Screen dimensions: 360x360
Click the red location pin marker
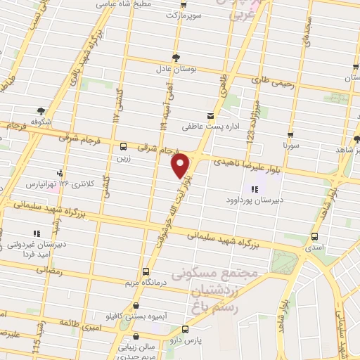click(181, 166)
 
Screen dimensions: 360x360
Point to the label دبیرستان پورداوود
click(253, 200)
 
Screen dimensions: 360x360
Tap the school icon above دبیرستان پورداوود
click(252, 188)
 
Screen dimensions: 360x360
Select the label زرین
click(124, 158)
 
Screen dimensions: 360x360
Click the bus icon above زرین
click(124, 147)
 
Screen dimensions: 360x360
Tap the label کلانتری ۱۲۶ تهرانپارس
click(59, 184)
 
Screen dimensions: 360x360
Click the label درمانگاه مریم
click(146, 283)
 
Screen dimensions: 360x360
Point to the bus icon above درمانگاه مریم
click(146, 271)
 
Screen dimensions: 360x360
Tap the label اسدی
click(314, 248)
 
